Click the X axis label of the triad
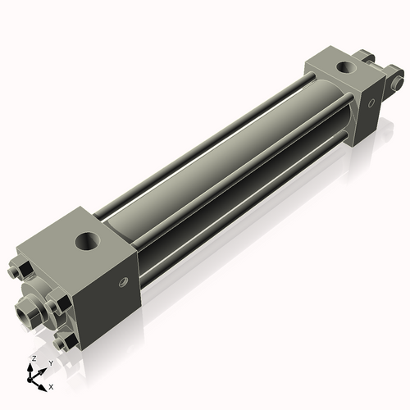point(52,385)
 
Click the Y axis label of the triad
point(51,362)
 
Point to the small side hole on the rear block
point(370,103)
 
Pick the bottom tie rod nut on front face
point(62,338)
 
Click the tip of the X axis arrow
point(44,385)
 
